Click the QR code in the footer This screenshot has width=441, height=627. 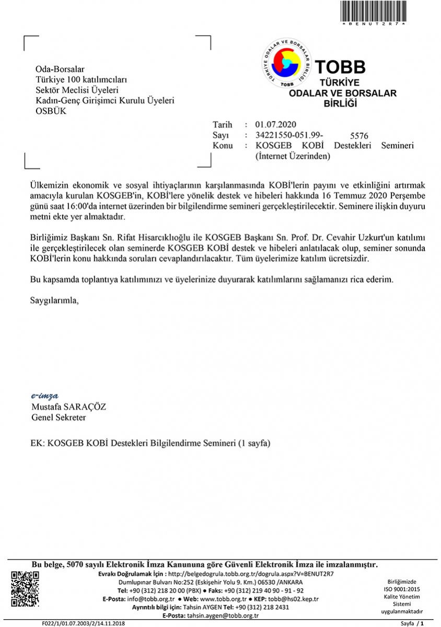click(x=25, y=589)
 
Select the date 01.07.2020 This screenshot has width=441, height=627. click(x=275, y=124)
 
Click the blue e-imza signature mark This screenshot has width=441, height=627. click(x=45, y=396)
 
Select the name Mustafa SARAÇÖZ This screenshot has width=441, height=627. click(x=68, y=407)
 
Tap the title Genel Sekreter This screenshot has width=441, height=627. click(x=59, y=417)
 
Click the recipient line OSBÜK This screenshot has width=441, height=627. click(x=51, y=111)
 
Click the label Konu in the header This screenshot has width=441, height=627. click(x=223, y=145)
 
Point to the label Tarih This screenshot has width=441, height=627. click(x=223, y=124)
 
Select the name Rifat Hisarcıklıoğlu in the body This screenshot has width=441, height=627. click(x=173, y=237)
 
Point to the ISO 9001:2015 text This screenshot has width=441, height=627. click(x=401, y=589)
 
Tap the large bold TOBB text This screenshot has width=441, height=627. click(x=340, y=66)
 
